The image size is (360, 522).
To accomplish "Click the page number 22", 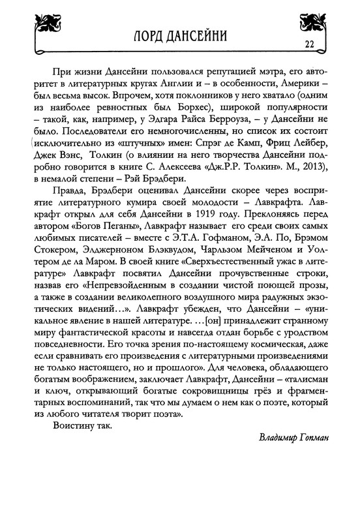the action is [x=309, y=44].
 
